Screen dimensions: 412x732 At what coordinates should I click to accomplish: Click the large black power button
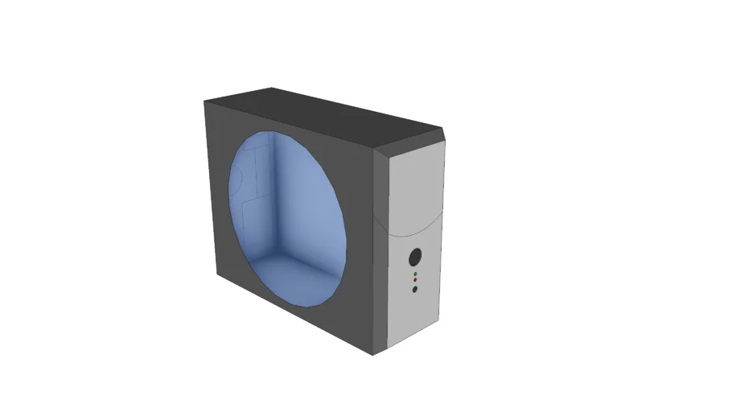(415, 257)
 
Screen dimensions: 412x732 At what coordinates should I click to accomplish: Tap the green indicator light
(415, 274)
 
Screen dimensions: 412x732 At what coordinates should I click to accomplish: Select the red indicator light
(415, 281)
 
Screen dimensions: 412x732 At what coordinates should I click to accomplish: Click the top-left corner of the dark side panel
(205, 101)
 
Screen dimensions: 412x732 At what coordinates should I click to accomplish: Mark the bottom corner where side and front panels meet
(372, 354)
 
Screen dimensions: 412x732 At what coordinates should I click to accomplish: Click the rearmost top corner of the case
(272, 88)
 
